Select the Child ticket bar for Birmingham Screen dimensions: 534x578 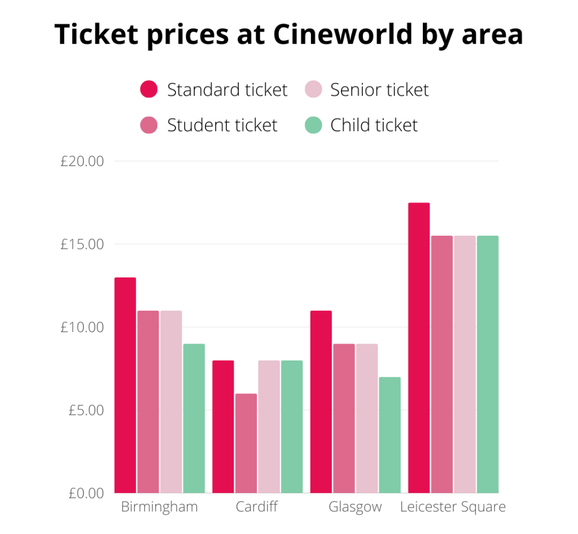pyautogui.click(x=194, y=418)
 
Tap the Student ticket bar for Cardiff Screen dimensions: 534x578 pyautogui.click(x=246, y=443)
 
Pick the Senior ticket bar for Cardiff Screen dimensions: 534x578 pyautogui.click(x=269, y=427)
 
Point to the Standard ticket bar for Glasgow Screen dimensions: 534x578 pyautogui.click(x=321, y=402)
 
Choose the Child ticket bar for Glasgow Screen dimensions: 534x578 pyautogui.click(x=389, y=435)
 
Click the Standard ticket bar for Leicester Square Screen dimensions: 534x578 pyautogui.click(x=419, y=348)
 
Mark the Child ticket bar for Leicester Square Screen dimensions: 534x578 pyautogui.click(x=488, y=364)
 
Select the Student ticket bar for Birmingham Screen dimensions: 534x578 pyautogui.click(x=148, y=402)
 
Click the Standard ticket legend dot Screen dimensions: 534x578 pyautogui.click(x=148, y=89)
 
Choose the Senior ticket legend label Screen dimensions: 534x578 pyautogui.click(x=379, y=89)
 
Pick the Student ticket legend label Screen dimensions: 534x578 pyautogui.click(x=222, y=125)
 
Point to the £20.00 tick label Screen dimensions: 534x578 pyautogui.click(x=82, y=162)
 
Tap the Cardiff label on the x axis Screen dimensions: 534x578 pyautogui.click(x=257, y=506)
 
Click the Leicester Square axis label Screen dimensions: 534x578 pyautogui.click(x=453, y=506)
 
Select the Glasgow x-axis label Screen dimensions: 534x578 pyautogui.click(x=355, y=507)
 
